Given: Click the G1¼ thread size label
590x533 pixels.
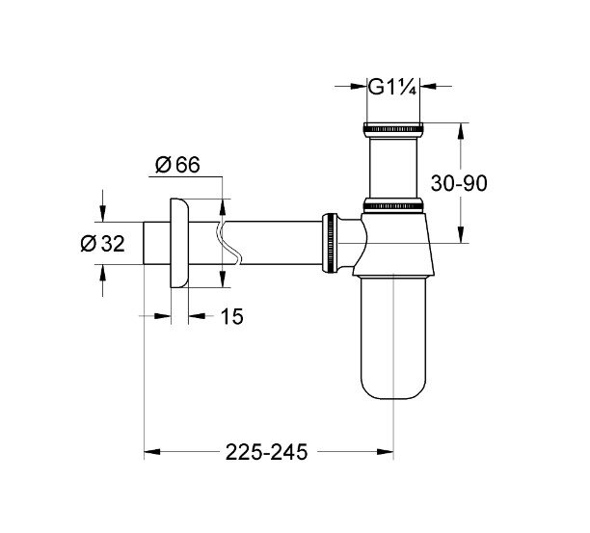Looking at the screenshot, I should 393,88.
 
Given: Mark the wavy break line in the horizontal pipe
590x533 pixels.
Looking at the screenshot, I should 228,244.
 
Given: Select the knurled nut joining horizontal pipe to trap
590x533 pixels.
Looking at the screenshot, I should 331,244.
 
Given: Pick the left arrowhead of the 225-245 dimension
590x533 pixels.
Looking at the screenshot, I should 150,450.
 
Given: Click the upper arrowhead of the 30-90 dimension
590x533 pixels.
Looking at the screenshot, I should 461,129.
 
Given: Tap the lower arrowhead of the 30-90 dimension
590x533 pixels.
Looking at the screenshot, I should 461,237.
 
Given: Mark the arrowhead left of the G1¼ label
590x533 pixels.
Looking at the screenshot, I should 357,88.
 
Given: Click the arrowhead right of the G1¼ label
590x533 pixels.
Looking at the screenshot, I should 430,88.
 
